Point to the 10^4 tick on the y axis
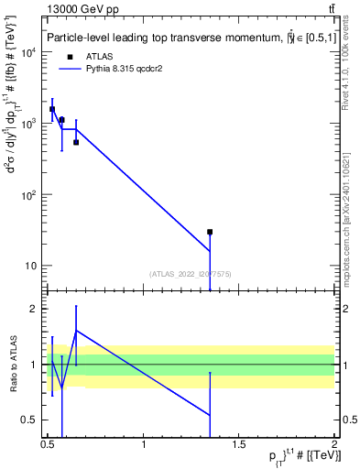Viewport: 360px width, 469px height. pos(28,51)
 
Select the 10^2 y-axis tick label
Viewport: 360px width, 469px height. pos(28,194)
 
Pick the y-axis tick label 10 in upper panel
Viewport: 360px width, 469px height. pos(31,266)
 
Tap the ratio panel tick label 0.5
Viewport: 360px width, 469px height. pos(30,420)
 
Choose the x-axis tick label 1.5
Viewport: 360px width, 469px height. pos(239,445)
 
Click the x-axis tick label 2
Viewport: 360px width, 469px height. pos(334,445)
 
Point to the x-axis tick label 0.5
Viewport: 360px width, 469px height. pos(48,445)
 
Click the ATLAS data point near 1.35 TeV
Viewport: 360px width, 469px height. pos(210,232)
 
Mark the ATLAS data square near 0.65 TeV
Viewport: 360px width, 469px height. pos(76,142)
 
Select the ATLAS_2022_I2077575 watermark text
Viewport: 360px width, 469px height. pos(191,274)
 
